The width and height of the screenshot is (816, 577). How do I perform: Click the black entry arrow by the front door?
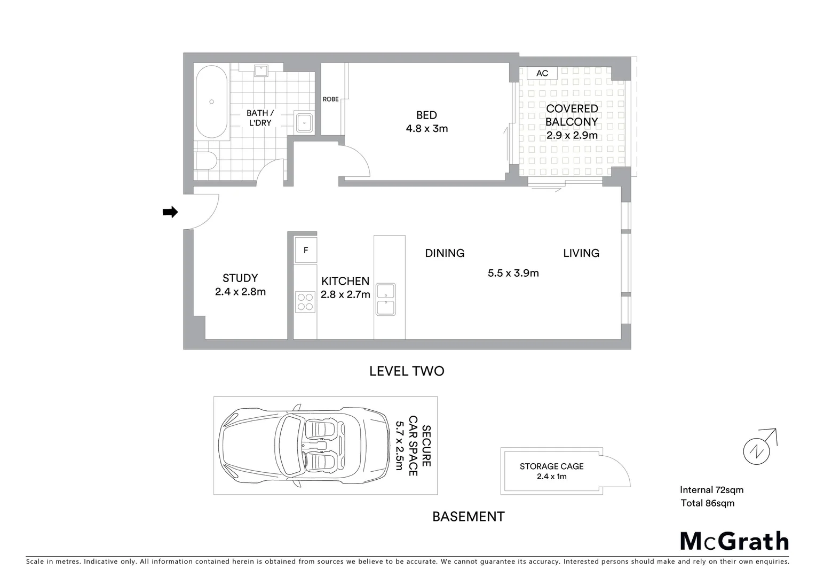(x=170, y=212)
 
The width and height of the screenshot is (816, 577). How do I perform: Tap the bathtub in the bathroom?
(x=211, y=102)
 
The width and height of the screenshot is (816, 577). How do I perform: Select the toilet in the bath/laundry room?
(x=205, y=160)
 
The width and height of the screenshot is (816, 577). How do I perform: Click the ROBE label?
(x=330, y=99)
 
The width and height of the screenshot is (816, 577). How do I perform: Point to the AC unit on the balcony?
(x=542, y=73)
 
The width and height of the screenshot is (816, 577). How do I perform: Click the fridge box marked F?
(x=306, y=250)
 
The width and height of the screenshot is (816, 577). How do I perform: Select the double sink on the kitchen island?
(x=385, y=299)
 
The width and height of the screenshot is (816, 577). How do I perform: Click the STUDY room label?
(x=240, y=278)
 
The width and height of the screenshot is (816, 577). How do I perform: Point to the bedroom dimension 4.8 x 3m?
(x=426, y=129)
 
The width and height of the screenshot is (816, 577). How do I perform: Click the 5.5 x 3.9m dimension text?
(x=513, y=273)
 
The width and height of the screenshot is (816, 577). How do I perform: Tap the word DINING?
(x=445, y=253)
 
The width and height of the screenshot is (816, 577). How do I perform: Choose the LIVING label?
(x=581, y=253)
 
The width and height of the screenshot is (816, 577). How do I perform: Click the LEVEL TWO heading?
(x=407, y=371)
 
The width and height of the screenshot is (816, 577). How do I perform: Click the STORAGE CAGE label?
(x=551, y=466)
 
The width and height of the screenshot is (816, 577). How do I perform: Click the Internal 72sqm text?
(x=711, y=490)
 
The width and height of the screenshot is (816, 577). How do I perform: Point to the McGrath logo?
(x=734, y=541)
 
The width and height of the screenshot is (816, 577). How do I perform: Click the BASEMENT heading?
(x=468, y=517)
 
